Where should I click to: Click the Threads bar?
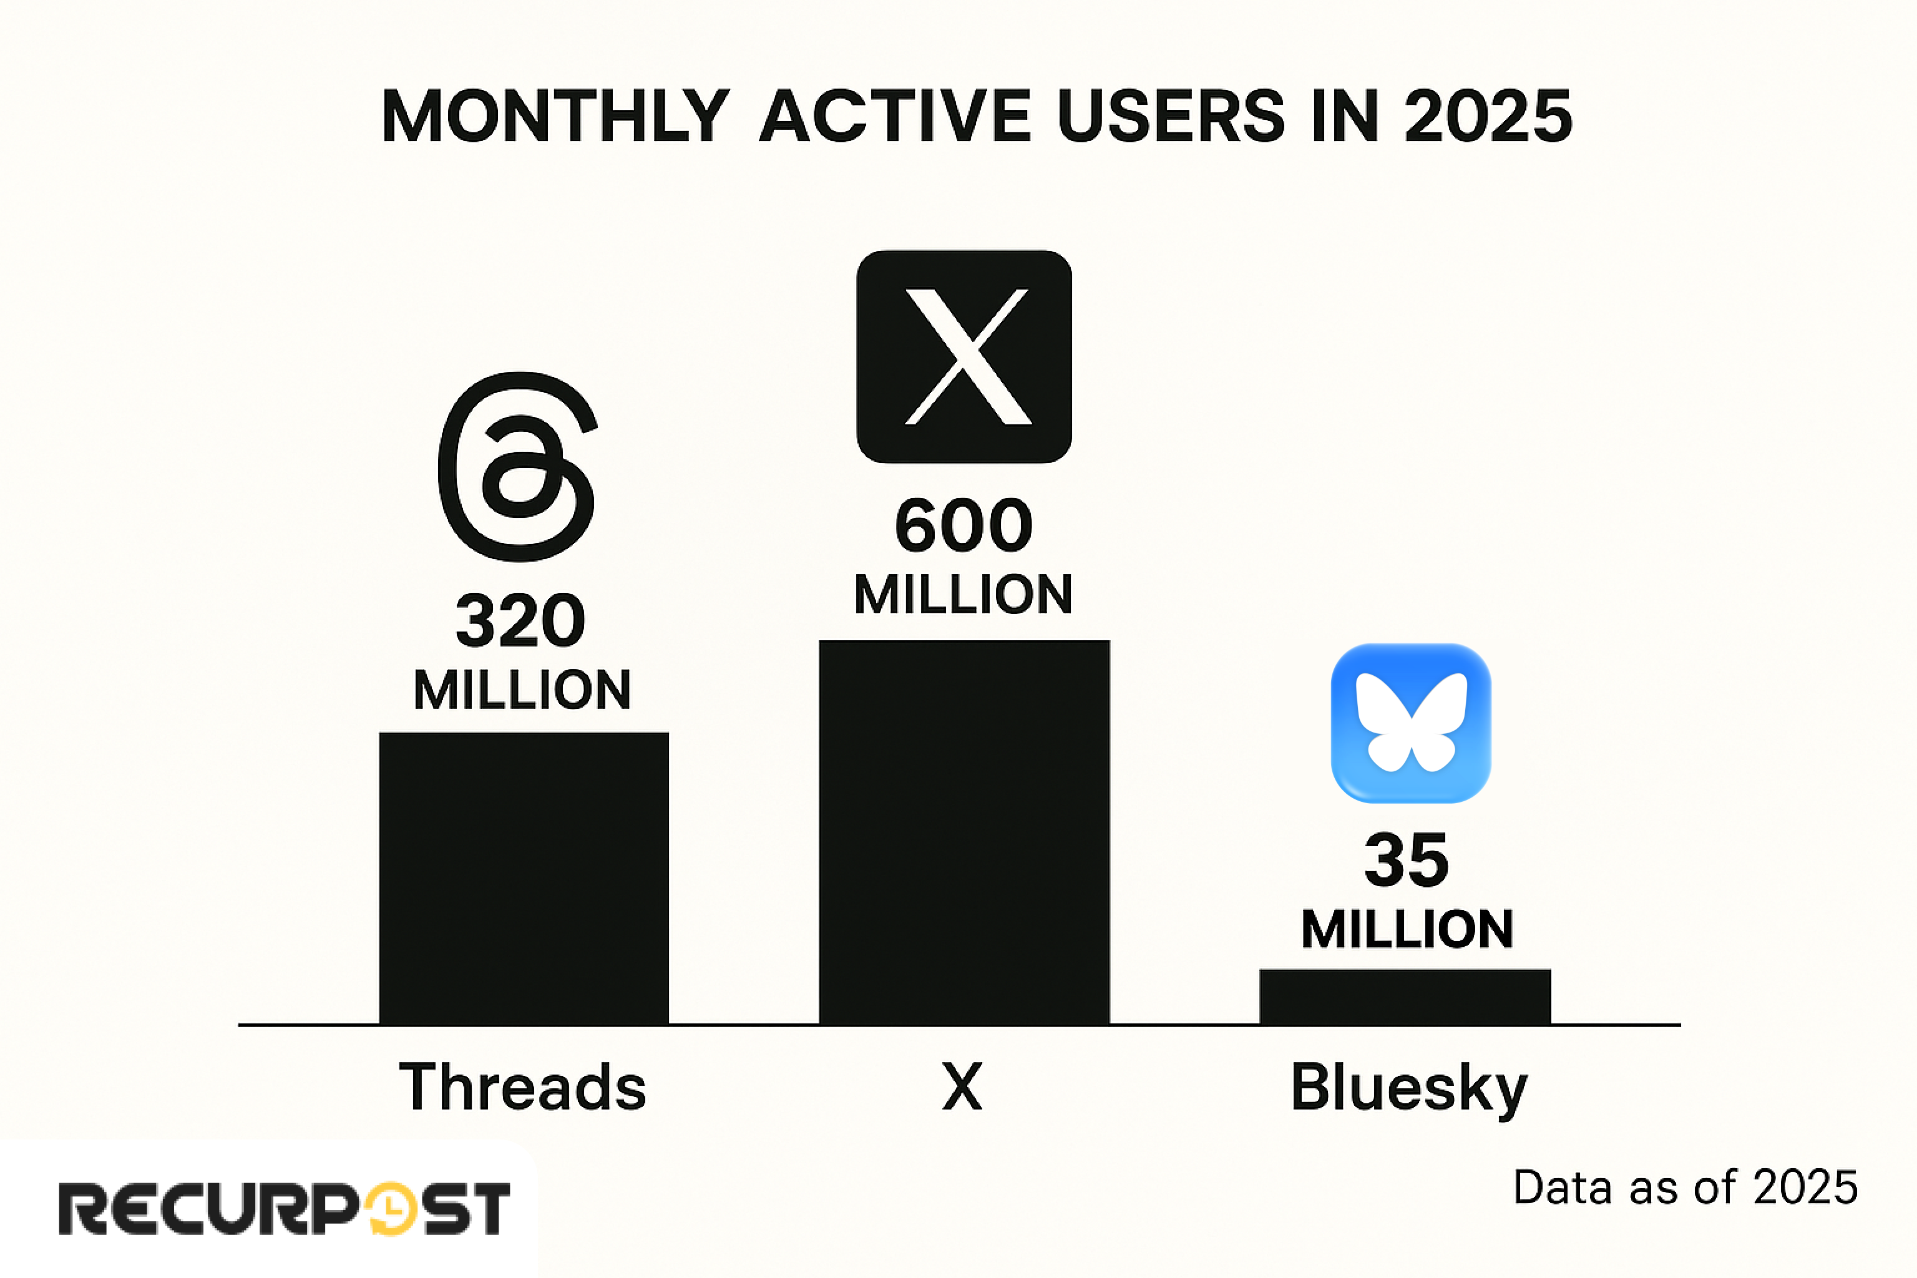coord(524,878)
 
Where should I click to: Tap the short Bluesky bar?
coord(1405,996)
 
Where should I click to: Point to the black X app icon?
coord(964,356)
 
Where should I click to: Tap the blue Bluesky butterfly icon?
coord(1411,723)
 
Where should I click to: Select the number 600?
coord(964,525)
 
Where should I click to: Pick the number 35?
coord(1407,860)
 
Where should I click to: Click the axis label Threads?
coord(522,1087)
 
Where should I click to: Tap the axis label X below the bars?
coord(963,1087)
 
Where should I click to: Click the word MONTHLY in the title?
coord(555,117)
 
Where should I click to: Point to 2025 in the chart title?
coord(1488,117)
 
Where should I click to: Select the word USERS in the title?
coord(1171,117)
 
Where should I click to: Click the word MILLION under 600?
coord(963,594)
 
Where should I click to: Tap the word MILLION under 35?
coord(1407,929)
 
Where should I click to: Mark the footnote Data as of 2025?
coord(1685,1188)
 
